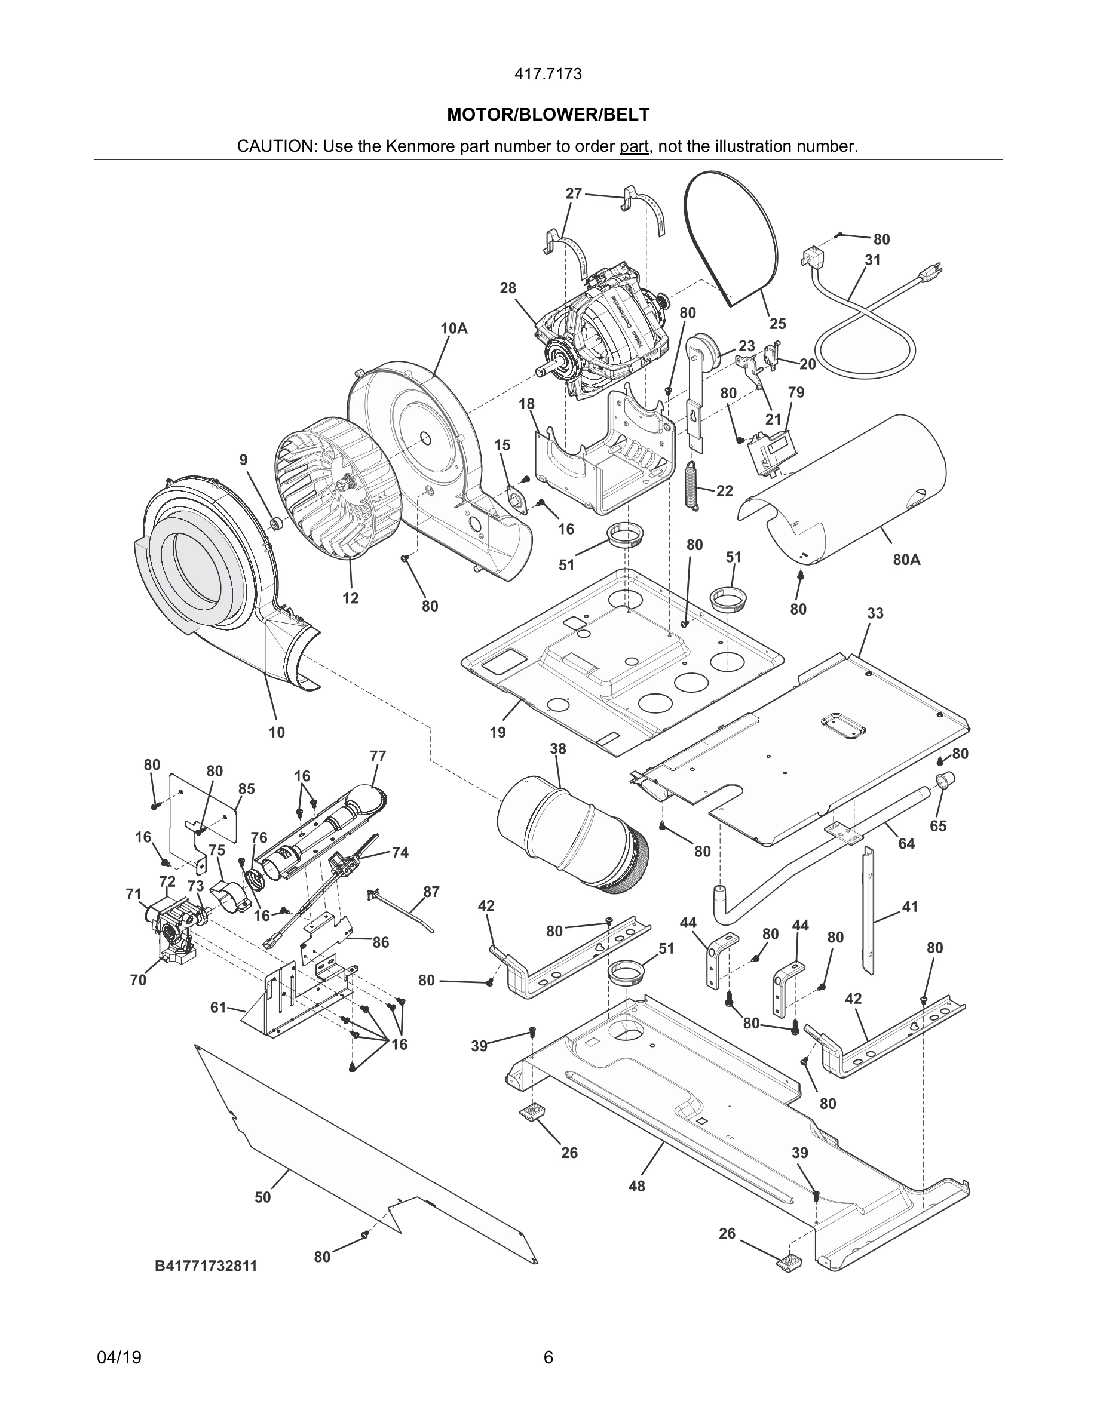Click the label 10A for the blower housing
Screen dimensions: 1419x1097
tap(453, 328)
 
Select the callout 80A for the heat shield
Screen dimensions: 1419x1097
tap(906, 560)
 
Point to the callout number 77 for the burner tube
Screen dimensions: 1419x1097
tap(378, 756)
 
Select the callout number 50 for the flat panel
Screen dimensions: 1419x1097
tap(262, 1197)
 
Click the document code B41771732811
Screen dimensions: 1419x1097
tap(206, 1266)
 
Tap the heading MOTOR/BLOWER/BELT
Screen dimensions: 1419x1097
tap(548, 115)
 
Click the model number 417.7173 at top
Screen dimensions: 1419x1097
tap(548, 75)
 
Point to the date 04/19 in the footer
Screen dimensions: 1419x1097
tap(119, 1357)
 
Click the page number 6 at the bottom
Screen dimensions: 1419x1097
tap(548, 1357)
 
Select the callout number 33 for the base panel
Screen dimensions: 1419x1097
tap(875, 613)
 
